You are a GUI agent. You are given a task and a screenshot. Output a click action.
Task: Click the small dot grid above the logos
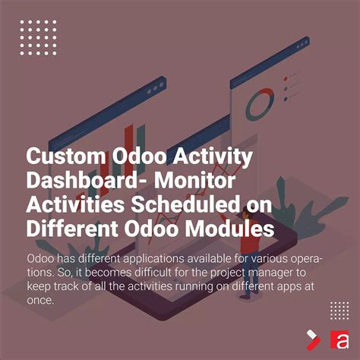point(339,309)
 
